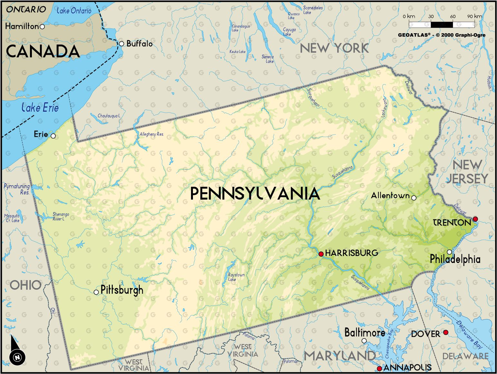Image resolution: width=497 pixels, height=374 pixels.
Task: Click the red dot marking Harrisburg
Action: click(321, 254)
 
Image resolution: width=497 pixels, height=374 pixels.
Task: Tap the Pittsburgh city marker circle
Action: click(96, 292)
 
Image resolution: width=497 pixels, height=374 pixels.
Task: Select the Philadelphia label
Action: click(455, 259)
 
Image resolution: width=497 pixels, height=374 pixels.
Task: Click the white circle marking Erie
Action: click(53, 136)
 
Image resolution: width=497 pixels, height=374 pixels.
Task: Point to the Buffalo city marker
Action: click(121, 44)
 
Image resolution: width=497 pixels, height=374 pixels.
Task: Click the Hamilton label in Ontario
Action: click(22, 26)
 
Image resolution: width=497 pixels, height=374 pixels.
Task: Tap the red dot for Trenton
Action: click(475, 219)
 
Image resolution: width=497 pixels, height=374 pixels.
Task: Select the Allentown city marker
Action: click(414, 198)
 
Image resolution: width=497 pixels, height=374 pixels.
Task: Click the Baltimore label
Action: click(365, 332)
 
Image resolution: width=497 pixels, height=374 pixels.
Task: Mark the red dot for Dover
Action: click(445, 332)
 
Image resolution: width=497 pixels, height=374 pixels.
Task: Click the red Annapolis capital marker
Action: click(379, 369)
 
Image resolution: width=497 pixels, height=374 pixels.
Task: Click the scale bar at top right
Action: click(442, 24)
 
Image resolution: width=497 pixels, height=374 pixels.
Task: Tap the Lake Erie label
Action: click(40, 107)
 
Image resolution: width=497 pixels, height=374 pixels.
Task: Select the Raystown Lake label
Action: click(236, 277)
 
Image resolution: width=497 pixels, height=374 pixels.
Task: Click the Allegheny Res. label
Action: click(151, 134)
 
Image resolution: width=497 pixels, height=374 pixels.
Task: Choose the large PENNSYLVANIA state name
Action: click(255, 194)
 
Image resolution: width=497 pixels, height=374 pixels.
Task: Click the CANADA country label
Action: click(43, 52)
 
